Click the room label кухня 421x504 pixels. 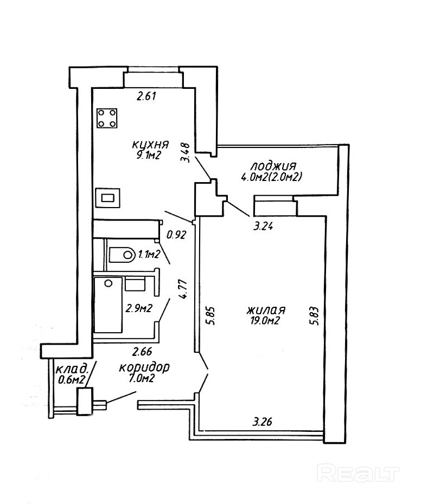pos(150,145)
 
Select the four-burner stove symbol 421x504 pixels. pos(107,118)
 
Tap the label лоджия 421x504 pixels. pos(273,165)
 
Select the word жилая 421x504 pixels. pos(266,311)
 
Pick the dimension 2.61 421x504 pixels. pos(146,97)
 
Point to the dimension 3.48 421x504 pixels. pos(186,152)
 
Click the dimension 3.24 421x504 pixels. pos(263,227)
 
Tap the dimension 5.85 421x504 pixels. pos(211,315)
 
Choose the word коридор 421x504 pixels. pos(144,367)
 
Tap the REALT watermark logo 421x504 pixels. pos(358,473)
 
